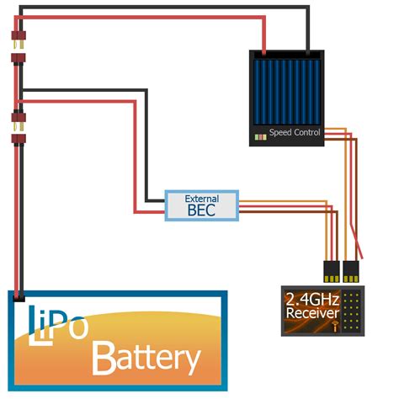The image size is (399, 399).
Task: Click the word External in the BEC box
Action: pos(201,198)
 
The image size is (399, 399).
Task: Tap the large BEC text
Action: pos(201,210)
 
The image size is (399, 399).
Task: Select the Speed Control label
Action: pos(294,133)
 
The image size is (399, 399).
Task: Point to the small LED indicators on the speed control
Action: pos(259,135)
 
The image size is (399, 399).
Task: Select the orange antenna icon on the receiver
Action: pos(334,324)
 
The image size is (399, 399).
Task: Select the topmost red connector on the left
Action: pos(17,39)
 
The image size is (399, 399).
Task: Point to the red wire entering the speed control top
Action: pos(268,38)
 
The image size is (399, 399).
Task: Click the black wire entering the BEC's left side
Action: pos(153,202)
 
